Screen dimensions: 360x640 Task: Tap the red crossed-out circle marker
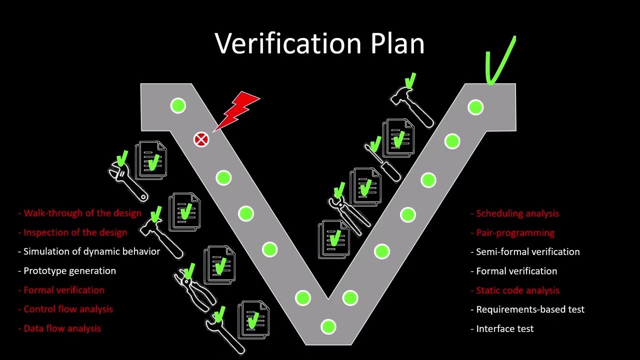(201, 140)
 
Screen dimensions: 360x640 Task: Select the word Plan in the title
(397, 43)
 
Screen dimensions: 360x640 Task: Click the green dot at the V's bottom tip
(328, 327)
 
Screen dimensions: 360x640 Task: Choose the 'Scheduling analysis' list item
(517, 213)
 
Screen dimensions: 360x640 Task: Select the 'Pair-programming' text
(514, 233)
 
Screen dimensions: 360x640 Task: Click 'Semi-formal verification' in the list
(527, 252)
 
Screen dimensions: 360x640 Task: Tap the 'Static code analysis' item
(517, 290)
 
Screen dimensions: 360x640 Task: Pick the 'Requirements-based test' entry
(530, 309)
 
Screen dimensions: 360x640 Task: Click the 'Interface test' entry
(504, 329)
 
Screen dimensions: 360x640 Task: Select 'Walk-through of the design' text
(82, 213)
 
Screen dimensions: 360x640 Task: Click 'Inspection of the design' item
(75, 232)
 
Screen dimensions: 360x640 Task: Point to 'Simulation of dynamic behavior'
(91, 251)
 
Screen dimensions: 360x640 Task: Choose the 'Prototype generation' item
(69, 271)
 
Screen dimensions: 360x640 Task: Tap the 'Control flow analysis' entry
(68, 309)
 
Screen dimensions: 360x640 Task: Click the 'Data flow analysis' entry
(62, 328)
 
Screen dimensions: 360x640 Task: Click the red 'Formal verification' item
(63, 290)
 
